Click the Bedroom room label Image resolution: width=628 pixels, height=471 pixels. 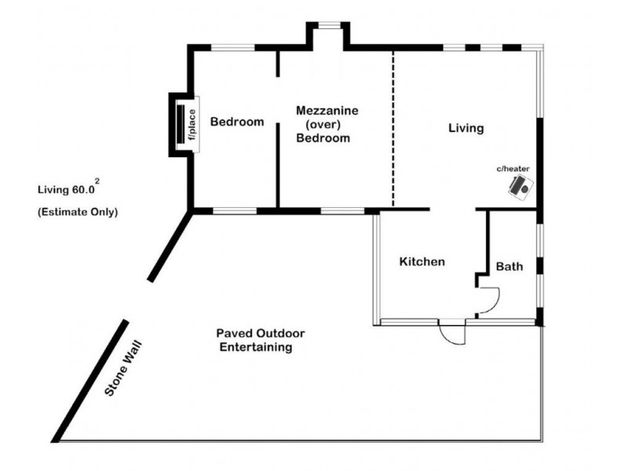(x=237, y=122)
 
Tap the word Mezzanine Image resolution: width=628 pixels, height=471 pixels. (x=327, y=111)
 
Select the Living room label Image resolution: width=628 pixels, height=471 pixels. (x=466, y=127)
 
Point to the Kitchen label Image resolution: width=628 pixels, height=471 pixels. (x=422, y=261)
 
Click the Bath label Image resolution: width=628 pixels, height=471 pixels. (x=509, y=267)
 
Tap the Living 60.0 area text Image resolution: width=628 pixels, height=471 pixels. (x=66, y=189)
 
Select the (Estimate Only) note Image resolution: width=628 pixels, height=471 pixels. (x=77, y=212)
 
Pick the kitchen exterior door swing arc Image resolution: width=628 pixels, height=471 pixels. (x=453, y=334)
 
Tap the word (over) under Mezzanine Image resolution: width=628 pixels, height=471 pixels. (x=323, y=125)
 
